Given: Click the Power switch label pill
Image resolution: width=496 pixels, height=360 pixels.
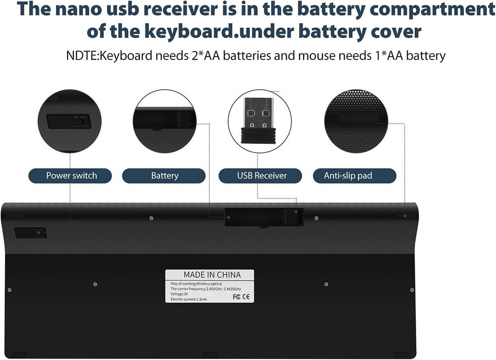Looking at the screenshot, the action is tap(70, 176).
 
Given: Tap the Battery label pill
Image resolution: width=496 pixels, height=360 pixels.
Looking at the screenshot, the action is tap(164, 176).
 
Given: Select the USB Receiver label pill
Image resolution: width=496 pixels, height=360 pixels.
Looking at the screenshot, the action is tap(260, 176).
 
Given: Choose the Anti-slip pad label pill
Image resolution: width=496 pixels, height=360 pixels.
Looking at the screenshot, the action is tap(355, 176).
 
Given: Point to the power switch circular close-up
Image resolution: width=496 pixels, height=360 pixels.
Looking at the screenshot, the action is tap(69, 121).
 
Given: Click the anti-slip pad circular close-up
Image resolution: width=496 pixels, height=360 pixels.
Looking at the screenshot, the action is tap(356, 121).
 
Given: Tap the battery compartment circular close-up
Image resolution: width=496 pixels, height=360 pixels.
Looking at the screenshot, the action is tap(165, 121).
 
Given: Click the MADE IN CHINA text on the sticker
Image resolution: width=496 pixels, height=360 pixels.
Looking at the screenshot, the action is tap(212, 275).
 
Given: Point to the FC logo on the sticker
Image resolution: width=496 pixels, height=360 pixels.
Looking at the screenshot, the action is tap(236, 297).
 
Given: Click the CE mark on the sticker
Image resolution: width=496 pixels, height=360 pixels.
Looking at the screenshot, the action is tap(246, 297).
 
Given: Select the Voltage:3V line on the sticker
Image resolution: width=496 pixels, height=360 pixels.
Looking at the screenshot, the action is tap(180, 294).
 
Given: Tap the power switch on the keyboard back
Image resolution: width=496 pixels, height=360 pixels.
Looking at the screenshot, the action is tap(31, 233).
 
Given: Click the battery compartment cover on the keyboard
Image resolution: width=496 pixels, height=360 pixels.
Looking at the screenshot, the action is tap(264, 217).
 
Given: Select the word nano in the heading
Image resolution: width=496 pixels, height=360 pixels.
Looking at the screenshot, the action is tap(78, 9).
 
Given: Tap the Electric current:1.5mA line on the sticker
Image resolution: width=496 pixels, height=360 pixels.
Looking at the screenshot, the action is tap(188, 299).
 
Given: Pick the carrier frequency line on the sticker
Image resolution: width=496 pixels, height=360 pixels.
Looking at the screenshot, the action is tap(206, 289).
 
